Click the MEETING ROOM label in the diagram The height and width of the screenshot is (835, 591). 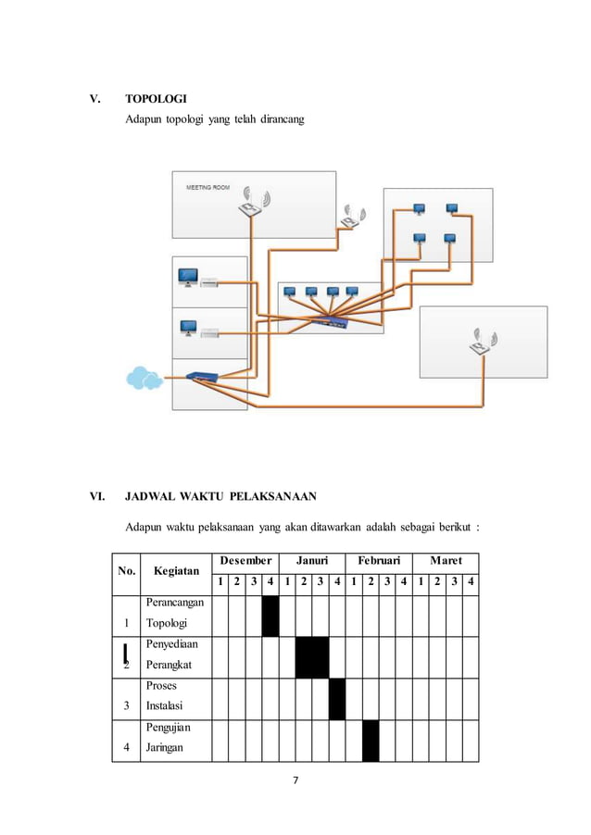click(x=208, y=187)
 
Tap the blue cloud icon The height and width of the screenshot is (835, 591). click(x=144, y=378)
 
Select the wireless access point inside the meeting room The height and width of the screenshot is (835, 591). click(x=251, y=205)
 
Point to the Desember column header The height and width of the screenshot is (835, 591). click(x=245, y=561)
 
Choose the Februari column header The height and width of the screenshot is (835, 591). click(x=378, y=561)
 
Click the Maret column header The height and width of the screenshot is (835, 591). click(x=446, y=561)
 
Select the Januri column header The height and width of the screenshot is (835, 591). click(x=311, y=561)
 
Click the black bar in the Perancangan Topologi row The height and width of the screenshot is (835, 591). click(x=270, y=616)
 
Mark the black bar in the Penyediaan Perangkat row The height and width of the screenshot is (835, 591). click(x=312, y=657)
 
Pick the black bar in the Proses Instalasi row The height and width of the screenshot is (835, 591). click(x=337, y=699)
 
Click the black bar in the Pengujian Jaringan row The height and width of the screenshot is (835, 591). click(x=371, y=741)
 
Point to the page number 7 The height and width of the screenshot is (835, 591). click(x=295, y=780)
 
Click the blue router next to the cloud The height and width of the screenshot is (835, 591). click(x=200, y=376)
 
